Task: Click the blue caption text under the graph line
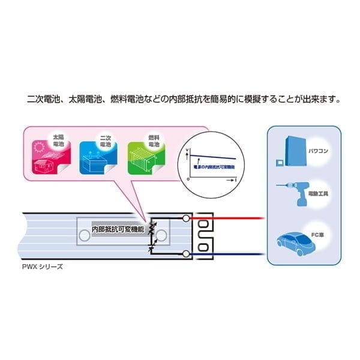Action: pyautogui.click(x=211, y=163)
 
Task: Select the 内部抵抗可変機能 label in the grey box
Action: pyautogui.click(x=119, y=229)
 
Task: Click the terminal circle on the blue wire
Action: pyautogui.click(x=187, y=254)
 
